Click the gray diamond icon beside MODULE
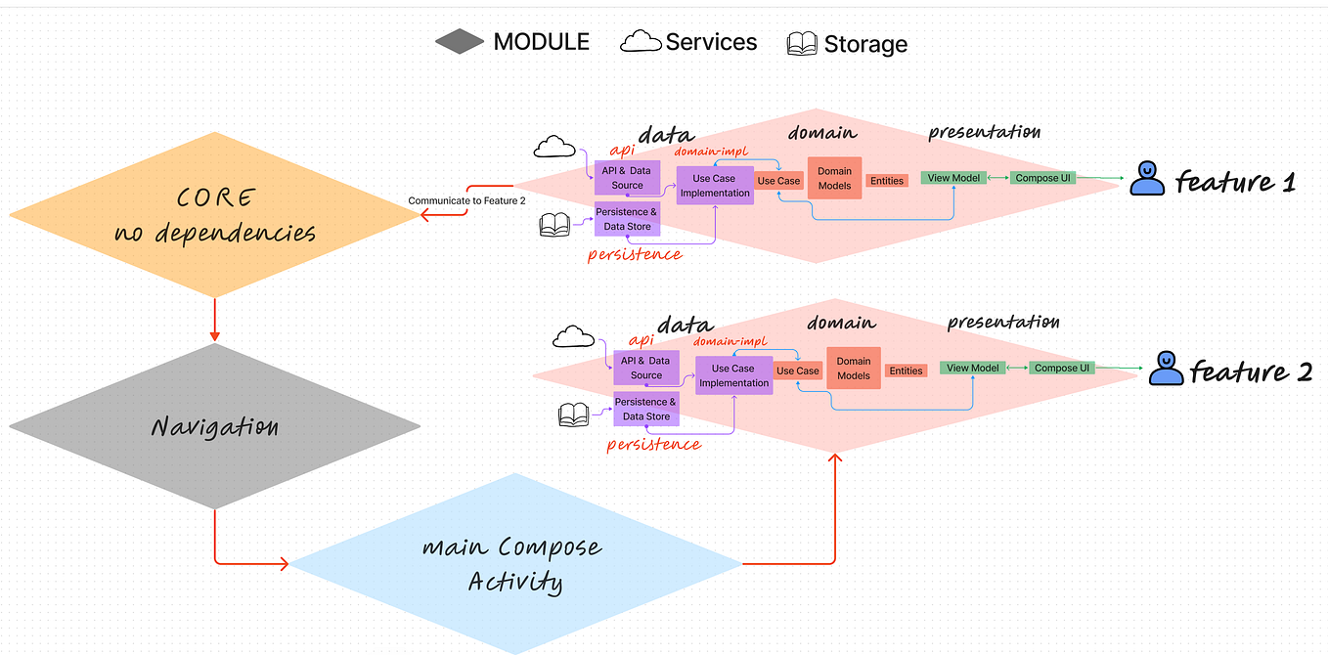coord(460,41)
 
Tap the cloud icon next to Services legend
coord(640,41)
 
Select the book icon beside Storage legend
coord(802,44)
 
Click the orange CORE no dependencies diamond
coord(214,214)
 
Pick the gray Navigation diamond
coord(214,426)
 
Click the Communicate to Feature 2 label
coord(466,201)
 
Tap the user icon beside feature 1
coord(1147,179)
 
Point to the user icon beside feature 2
coord(1166,368)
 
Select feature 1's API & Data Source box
coord(627,178)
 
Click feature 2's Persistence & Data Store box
coord(645,409)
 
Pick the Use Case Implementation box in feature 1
coord(715,186)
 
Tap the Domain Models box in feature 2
coord(854,369)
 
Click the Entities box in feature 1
coord(886,181)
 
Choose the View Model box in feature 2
coord(972,368)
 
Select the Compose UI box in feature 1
coord(1042,178)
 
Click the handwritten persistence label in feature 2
coord(653,444)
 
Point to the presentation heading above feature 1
coord(984,132)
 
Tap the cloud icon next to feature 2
coord(573,337)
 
